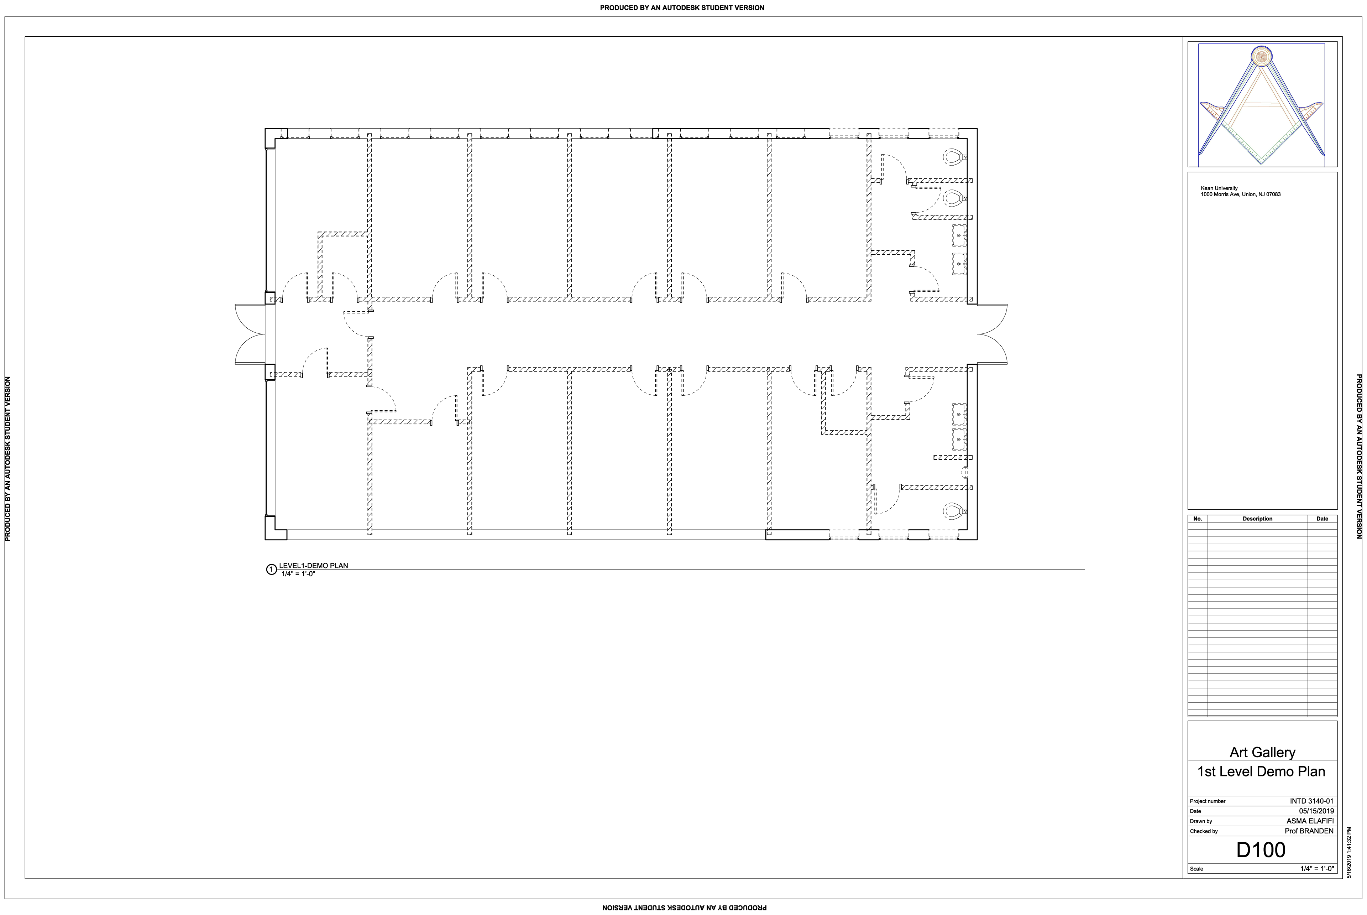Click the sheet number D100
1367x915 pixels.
point(1261,850)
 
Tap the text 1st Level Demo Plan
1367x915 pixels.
point(1261,771)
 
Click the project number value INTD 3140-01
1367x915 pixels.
point(1311,801)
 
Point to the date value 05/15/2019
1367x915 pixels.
point(1316,811)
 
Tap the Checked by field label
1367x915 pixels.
point(1204,832)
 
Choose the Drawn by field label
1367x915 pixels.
point(1201,822)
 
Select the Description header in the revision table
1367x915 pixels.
point(1257,519)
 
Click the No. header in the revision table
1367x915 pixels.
point(1198,519)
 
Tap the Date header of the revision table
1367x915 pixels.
point(1322,519)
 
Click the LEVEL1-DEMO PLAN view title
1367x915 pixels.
point(313,566)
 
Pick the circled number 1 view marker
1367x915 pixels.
point(271,570)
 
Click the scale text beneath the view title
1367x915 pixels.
point(298,574)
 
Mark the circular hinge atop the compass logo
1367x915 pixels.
point(1261,57)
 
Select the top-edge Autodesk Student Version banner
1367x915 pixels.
point(682,7)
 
